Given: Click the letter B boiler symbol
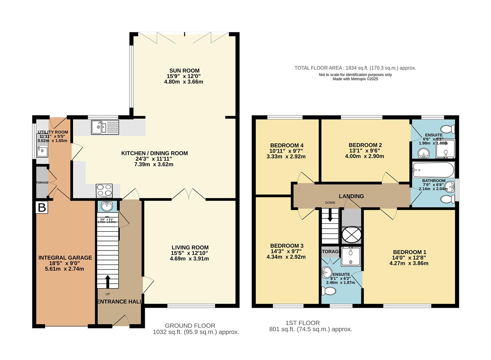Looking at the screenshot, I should pos(42,207).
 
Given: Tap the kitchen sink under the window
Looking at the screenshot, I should pos(105,127).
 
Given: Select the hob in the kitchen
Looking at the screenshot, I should pos(104,191).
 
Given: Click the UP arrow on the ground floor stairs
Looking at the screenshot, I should pos(108,281).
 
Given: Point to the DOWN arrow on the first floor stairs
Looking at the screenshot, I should pos(330,215).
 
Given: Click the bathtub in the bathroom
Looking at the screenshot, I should pos(433,170).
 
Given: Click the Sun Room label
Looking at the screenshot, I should pos(184,71).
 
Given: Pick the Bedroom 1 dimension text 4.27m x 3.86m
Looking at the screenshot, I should pos(409,263).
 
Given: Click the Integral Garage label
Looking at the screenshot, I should pos(65,258).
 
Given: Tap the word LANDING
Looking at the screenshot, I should pos(351,196).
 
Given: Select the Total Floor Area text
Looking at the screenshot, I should pos(355,68).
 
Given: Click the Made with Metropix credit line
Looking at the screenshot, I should pos(355,79).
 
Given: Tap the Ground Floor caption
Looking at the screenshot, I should pos(190,326).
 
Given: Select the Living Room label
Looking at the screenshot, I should pos(190,247).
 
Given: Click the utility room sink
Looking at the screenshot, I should pos(43,152).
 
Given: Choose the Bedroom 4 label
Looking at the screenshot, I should pos(287,145).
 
